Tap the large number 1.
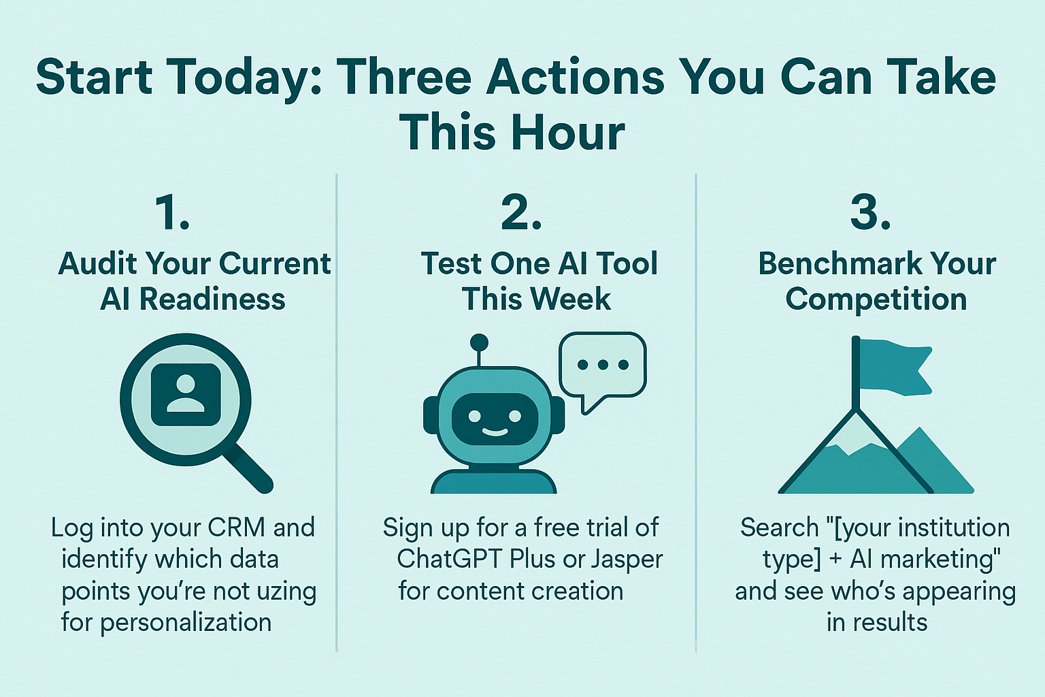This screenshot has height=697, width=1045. tap(172, 213)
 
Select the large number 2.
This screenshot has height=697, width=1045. tap(521, 213)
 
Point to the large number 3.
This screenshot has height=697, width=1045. tap(870, 213)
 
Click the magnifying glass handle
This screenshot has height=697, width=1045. tap(247, 468)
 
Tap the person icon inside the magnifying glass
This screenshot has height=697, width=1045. tap(186, 395)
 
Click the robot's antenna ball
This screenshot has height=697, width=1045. tap(479, 343)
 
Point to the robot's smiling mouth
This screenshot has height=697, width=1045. tap(495, 432)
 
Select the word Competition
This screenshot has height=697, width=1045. tap(876, 299)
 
